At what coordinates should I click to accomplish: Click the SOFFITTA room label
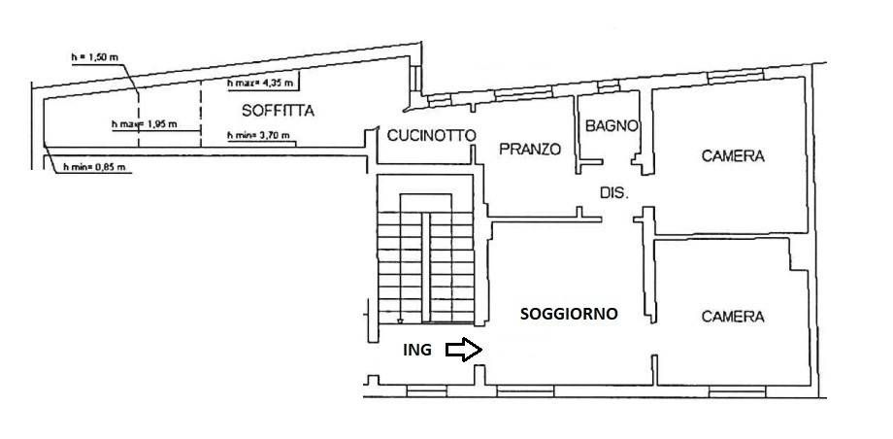pyautogui.click(x=278, y=111)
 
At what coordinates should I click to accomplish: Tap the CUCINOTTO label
pyautogui.click(x=431, y=135)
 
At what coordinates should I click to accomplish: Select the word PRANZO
pyautogui.click(x=530, y=150)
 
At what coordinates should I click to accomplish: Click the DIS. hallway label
pyautogui.click(x=613, y=192)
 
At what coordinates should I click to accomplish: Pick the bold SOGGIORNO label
pyautogui.click(x=569, y=314)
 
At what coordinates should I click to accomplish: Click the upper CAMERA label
pyautogui.click(x=733, y=155)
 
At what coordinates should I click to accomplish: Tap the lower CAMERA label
pyautogui.click(x=733, y=317)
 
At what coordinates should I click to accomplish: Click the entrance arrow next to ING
pyautogui.click(x=464, y=350)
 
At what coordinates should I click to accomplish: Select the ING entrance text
pyautogui.click(x=417, y=350)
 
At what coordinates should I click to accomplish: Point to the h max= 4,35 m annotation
pyautogui.click(x=260, y=84)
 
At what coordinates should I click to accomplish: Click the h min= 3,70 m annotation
pyautogui.click(x=258, y=136)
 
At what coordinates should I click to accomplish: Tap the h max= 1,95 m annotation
pyautogui.click(x=144, y=124)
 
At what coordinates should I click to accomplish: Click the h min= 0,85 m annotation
pyautogui.click(x=94, y=167)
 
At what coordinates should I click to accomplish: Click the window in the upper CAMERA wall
pyautogui.click(x=735, y=77)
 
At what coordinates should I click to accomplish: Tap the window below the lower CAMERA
pyautogui.click(x=737, y=391)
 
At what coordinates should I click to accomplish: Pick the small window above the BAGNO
pyautogui.click(x=609, y=86)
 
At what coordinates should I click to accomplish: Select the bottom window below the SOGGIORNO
pyautogui.click(x=525, y=391)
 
